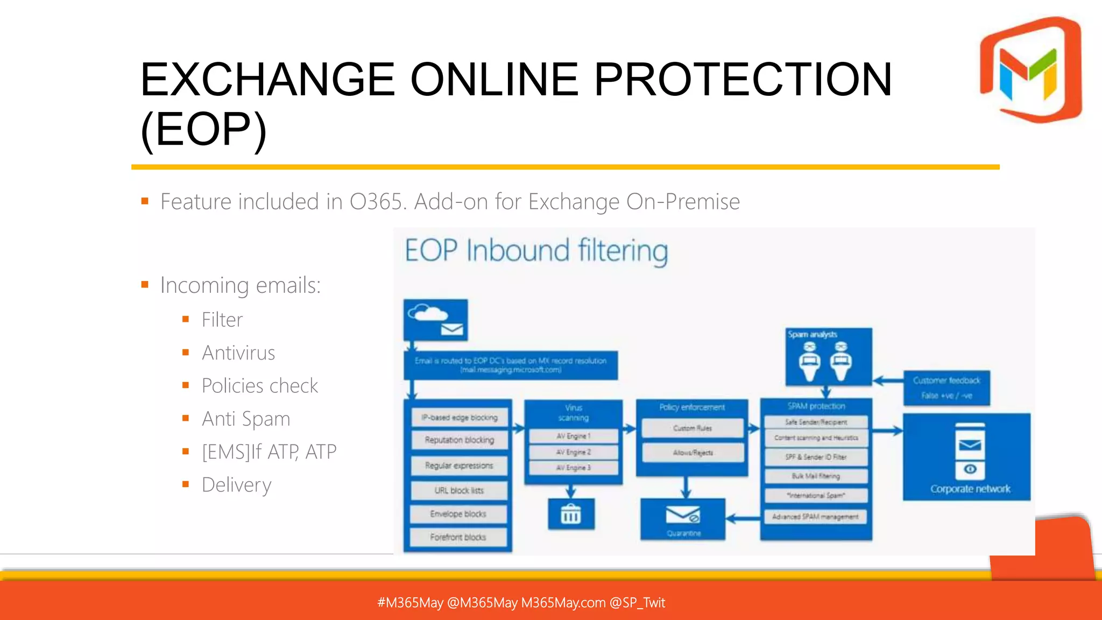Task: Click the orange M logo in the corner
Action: click(x=1030, y=70)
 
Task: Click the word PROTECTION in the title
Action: click(x=743, y=80)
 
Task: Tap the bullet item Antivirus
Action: click(x=238, y=353)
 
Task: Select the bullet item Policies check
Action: click(x=260, y=386)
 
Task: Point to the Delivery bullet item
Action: click(x=236, y=485)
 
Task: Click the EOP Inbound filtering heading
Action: click(x=536, y=251)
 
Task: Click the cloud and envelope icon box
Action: click(x=435, y=320)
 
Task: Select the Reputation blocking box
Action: click(x=459, y=440)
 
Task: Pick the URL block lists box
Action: click(x=459, y=490)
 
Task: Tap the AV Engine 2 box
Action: click(x=573, y=452)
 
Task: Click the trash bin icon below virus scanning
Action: click(x=571, y=514)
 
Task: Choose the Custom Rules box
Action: click(x=692, y=428)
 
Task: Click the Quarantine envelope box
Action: click(x=683, y=519)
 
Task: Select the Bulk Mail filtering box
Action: click(x=816, y=476)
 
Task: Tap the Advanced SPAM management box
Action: click(x=816, y=517)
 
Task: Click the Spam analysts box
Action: click(x=828, y=356)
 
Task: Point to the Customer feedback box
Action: click(x=946, y=387)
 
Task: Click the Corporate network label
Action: click(x=970, y=489)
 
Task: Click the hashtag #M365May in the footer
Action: click(x=410, y=602)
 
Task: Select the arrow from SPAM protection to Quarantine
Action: click(x=743, y=519)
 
